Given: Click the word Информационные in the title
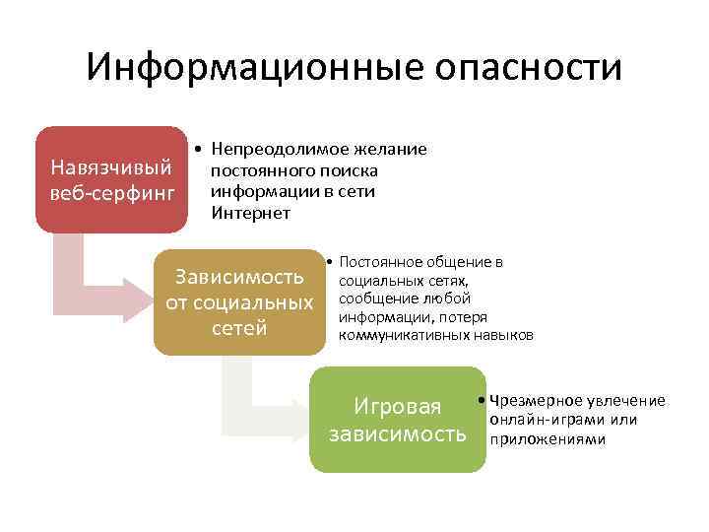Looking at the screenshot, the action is click(x=232, y=69).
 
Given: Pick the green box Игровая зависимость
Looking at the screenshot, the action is click(x=398, y=419).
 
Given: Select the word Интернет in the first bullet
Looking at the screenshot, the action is click(x=250, y=212).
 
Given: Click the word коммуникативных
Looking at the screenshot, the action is click(x=400, y=336).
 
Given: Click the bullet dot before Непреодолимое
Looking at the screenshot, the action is click(x=199, y=150).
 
